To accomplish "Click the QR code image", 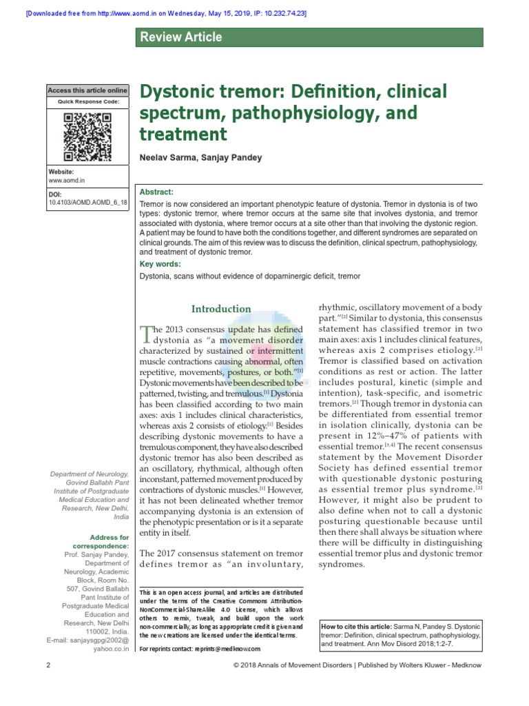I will point(87,137).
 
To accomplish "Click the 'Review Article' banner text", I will point(181,37).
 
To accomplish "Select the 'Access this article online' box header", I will point(87,90).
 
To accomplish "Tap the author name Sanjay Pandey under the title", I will point(232,158).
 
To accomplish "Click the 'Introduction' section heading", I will point(221,309).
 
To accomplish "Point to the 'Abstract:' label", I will point(157,192).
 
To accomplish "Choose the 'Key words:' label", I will point(160,263).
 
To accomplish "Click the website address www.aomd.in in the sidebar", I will point(65,180).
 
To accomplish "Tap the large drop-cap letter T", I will point(146,334).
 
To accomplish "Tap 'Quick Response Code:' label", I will point(87,102).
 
